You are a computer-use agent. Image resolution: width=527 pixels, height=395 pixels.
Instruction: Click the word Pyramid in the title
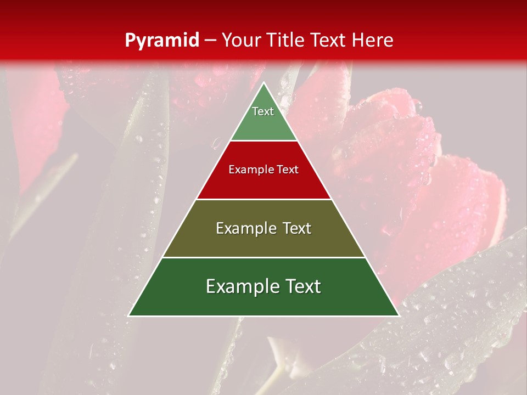point(162,41)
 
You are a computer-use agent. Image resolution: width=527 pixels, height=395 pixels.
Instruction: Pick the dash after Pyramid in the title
point(210,41)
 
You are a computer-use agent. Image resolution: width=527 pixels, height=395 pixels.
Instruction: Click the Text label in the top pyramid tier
point(263,111)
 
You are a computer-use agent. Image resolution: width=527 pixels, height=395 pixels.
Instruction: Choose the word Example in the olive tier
point(245,229)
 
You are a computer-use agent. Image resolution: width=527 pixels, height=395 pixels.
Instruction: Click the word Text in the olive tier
point(298,229)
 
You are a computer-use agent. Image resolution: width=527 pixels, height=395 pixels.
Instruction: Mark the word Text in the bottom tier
point(302,287)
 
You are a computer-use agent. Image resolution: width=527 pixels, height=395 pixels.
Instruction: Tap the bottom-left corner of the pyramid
point(128,315)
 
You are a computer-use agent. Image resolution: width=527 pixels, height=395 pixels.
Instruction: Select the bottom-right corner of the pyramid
point(399,315)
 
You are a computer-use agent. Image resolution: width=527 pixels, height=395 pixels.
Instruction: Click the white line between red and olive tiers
point(264,199)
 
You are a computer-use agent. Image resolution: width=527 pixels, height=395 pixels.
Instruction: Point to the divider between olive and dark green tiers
point(264,257)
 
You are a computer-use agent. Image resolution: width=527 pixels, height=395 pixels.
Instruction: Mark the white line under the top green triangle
point(264,141)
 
